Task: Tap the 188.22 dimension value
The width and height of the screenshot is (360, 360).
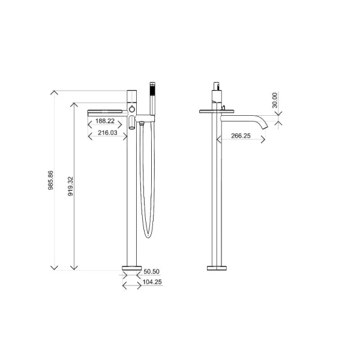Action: (x=106, y=121)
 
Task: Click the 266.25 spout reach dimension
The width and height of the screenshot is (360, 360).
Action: (x=240, y=136)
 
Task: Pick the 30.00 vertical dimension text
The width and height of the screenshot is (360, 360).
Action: (x=275, y=101)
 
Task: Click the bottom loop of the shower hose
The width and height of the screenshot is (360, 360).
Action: (x=146, y=234)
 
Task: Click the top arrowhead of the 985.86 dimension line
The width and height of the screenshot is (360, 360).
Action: (x=55, y=92)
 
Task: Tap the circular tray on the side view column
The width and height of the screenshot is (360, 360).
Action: (x=216, y=110)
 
